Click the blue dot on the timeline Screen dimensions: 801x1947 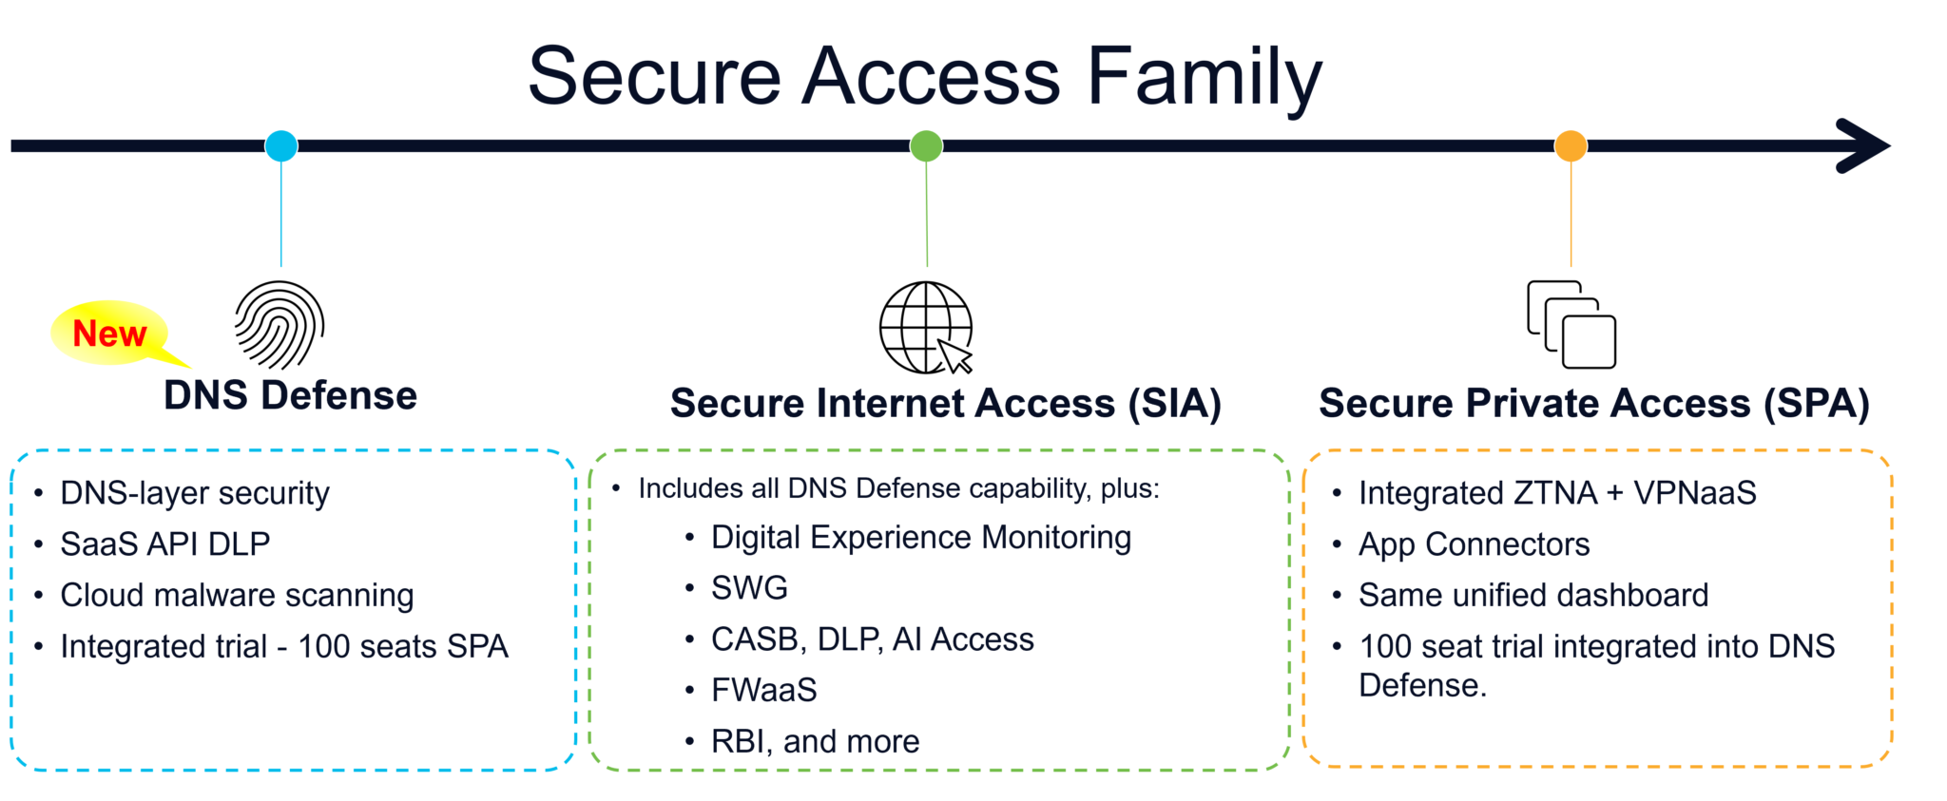pyautogui.click(x=281, y=145)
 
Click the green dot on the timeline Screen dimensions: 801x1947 pyautogui.click(x=926, y=145)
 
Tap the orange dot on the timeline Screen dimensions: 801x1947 pyautogui.click(x=1571, y=145)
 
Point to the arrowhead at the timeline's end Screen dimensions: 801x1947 pyautogui.click(x=1863, y=145)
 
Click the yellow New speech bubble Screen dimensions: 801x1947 pyautogui.click(x=110, y=334)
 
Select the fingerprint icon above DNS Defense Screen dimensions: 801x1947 pyautogui.click(x=280, y=325)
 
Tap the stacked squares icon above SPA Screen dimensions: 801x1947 pyautogui.click(x=1571, y=324)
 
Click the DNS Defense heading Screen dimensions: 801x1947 pyautogui.click(x=290, y=395)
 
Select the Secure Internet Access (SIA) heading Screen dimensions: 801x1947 pyautogui.click(x=945, y=403)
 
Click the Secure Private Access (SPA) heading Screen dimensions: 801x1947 pyautogui.click(x=1593, y=403)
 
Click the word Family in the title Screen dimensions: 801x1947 pyautogui.click(x=1204, y=76)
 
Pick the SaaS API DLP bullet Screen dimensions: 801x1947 pyautogui.click(x=165, y=544)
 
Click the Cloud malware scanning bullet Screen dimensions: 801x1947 pyautogui.click(x=237, y=595)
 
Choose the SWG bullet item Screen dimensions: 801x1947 pyautogui.click(x=749, y=587)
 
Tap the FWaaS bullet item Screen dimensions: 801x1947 pyautogui.click(x=763, y=690)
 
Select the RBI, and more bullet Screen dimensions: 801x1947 pyautogui.click(x=815, y=741)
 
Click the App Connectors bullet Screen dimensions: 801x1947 pyautogui.click(x=1474, y=544)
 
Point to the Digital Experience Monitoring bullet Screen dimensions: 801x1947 pyautogui.click(x=920, y=537)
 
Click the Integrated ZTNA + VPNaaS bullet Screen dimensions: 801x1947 pyautogui.click(x=1557, y=492)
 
